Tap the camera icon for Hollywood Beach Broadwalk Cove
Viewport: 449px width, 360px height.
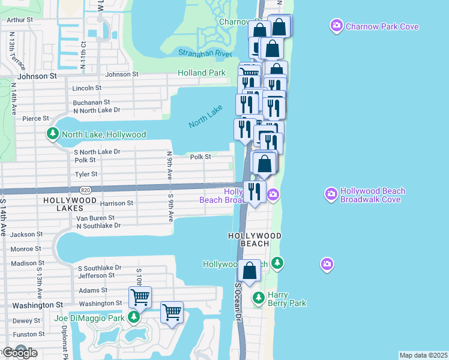pyautogui.click(x=331, y=194)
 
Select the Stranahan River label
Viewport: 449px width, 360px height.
pyautogui.click(x=205, y=53)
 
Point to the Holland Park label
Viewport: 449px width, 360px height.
pyautogui.click(x=202, y=73)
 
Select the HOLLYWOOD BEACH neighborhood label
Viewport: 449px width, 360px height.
pyautogui.click(x=255, y=236)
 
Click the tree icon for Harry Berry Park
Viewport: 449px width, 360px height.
pyautogui.click(x=259, y=298)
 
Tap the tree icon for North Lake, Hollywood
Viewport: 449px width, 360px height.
pyautogui.click(x=53, y=134)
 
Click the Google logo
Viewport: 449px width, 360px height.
pyautogui.click(x=19, y=353)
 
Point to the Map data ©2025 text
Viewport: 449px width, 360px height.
pyautogui.click(x=423, y=355)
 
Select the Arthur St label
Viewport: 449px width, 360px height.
pyautogui.click(x=20, y=20)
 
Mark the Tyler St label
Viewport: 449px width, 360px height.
pyautogui.click(x=86, y=174)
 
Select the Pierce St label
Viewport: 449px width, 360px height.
pyautogui.click(x=31, y=119)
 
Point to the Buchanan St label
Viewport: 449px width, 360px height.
pyautogui.click(x=91, y=103)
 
